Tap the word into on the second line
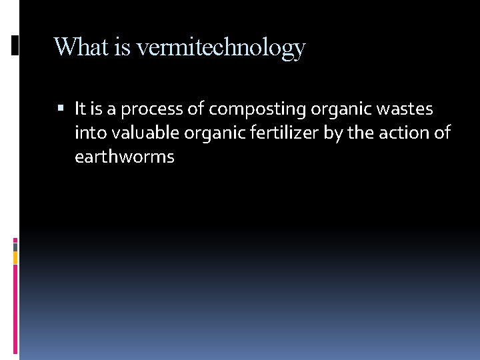coord(89,133)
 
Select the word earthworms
coord(125,157)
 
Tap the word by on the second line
coord(333,133)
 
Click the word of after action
coord(443,133)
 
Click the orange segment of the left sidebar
coord(15,257)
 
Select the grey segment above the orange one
coord(15,245)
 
